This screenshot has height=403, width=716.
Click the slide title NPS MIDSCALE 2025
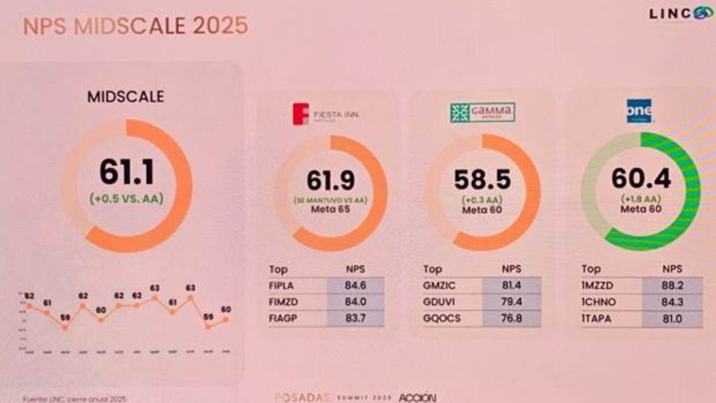136,26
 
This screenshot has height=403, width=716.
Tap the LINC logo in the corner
679,14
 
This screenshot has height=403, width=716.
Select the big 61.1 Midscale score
127,172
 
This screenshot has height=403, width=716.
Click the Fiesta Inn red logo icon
301,113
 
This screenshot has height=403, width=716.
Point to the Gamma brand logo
482,113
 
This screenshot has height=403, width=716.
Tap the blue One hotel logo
639,111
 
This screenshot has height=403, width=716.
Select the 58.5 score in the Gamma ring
482,180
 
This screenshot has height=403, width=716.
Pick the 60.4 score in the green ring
640,178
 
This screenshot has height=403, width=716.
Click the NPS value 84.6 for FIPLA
355,285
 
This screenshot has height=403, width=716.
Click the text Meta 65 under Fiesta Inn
331,210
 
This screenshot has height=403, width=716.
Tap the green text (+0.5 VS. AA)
127,198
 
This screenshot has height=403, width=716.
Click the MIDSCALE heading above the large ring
126,97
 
